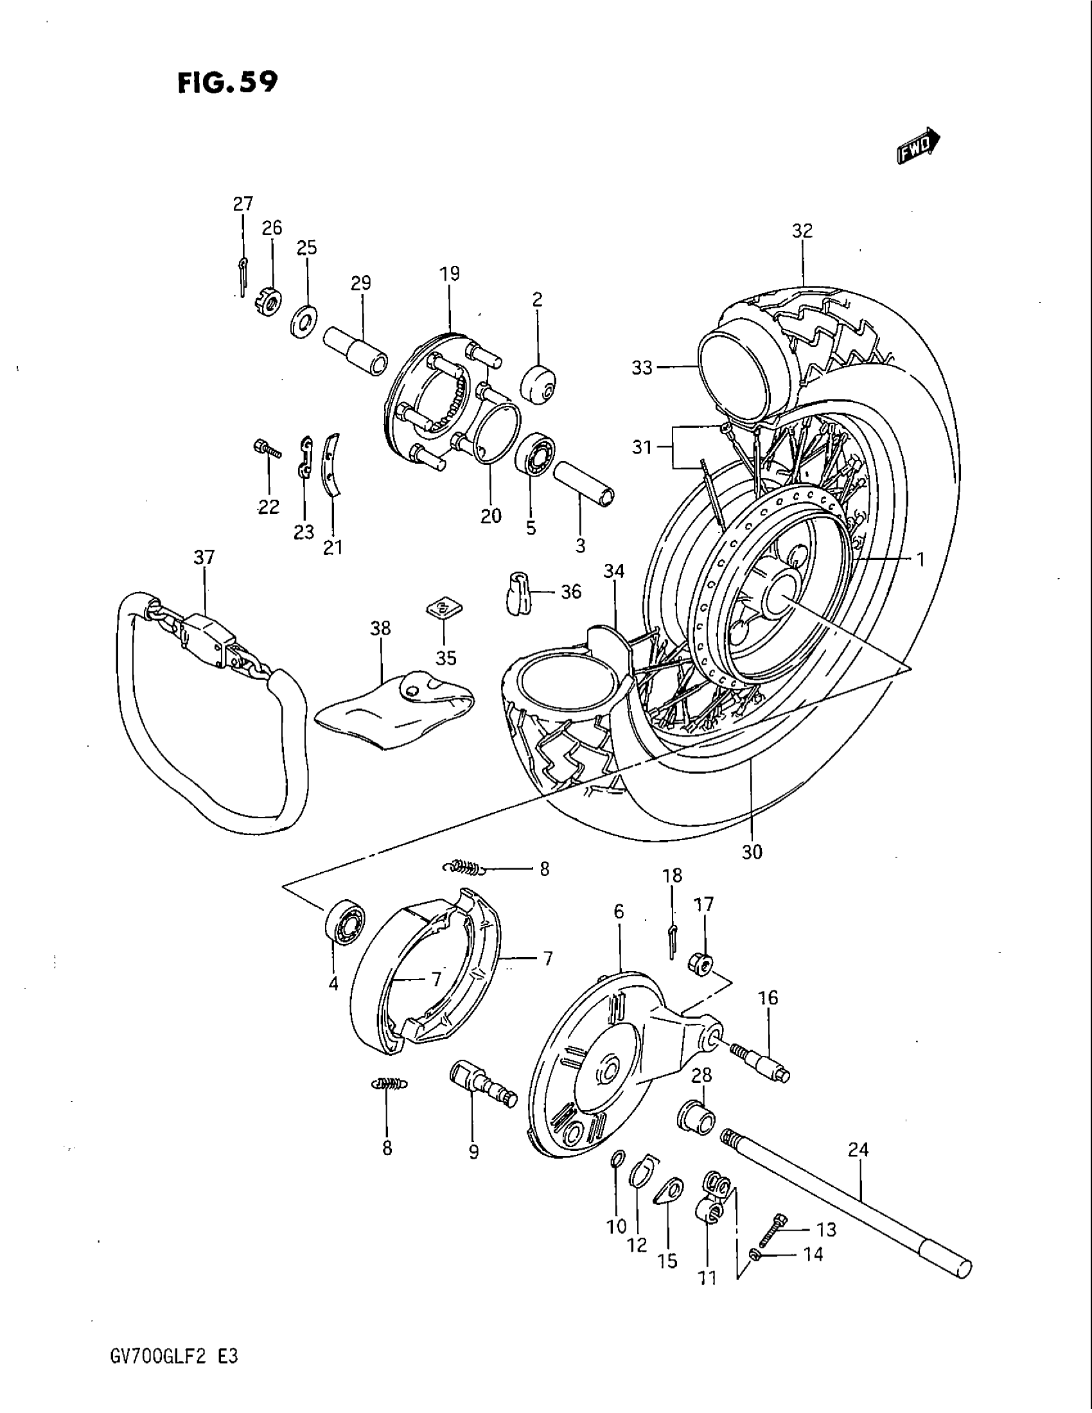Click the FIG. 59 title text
point(228,83)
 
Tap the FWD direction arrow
point(918,143)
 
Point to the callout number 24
point(858,1150)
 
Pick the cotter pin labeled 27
point(242,275)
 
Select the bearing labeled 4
point(344,920)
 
